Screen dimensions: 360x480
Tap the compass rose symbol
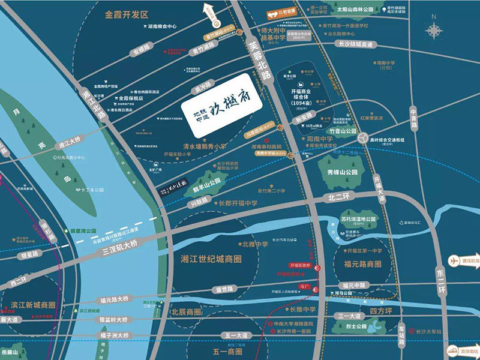tap(434, 30)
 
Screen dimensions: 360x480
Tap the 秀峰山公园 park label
tap(343, 172)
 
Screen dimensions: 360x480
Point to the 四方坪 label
tap(381, 311)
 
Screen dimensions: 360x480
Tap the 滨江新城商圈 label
tap(33, 305)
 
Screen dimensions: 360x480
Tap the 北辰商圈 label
tap(186, 313)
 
